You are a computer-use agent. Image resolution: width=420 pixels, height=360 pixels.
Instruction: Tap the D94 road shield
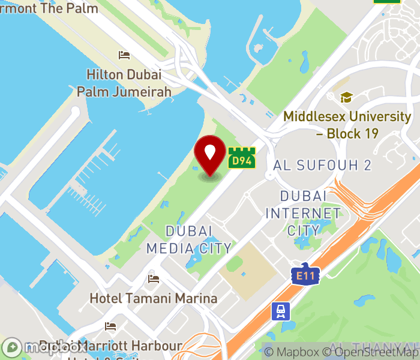click(x=241, y=159)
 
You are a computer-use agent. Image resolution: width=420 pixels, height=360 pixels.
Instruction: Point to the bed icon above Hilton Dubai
click(x=124, y=55)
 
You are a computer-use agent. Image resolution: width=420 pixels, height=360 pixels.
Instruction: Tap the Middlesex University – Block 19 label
click(x=347, y=125)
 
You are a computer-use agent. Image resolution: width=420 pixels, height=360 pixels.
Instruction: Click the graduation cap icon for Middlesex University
click(x=346, y=97)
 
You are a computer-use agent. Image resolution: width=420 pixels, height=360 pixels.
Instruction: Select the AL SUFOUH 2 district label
click(x=322, y=165)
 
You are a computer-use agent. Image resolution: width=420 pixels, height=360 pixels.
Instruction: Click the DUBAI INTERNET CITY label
click(x=303, y=213)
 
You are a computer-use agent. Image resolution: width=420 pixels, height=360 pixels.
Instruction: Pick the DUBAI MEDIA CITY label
click(x=188, y=239)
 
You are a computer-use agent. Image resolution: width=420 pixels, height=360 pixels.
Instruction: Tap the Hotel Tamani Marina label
click(x=153, y=298)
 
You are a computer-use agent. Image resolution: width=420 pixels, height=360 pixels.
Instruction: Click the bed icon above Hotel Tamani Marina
click(x=154, y=279)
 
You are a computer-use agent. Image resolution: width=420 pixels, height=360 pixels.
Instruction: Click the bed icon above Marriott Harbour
click(x=110, y=326)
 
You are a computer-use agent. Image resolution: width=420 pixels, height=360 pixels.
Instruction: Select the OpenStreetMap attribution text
click(x=370, y=352)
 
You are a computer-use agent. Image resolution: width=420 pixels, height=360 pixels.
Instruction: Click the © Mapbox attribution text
click(x=292, y=352)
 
